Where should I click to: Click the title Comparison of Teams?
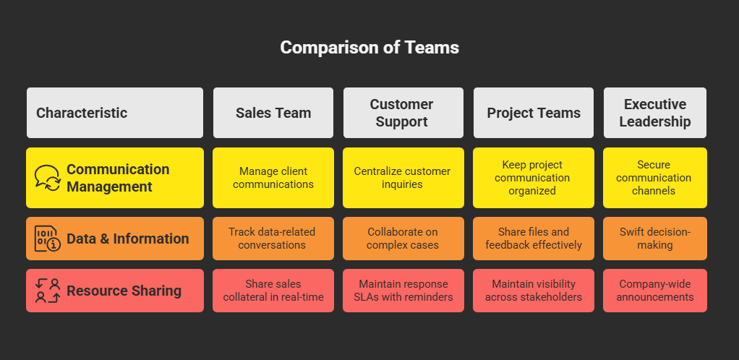[369, 48]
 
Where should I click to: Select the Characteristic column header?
[115, 113]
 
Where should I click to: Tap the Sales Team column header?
[273, 113]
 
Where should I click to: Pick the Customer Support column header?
[403, 113]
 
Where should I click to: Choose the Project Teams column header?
[534, 113]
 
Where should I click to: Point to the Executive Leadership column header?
[655, 113]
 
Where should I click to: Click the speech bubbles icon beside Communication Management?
[48, 178]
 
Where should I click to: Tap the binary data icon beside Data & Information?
[48, 239]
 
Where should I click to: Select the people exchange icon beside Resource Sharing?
[48, 291]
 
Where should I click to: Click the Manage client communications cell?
[273, 178]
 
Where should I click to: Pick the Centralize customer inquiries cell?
[403, 178]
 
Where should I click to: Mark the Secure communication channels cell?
[655, 178]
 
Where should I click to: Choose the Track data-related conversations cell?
[273, 239]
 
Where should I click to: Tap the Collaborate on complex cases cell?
[403, 239]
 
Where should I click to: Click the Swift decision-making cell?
[655, 239]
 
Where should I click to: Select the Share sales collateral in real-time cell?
[273, 291]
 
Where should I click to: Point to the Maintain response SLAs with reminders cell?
[403, 291]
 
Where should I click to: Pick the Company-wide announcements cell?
[655, 291]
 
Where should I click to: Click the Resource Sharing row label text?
[124, 291]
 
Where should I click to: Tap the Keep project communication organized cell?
[534, 178]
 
